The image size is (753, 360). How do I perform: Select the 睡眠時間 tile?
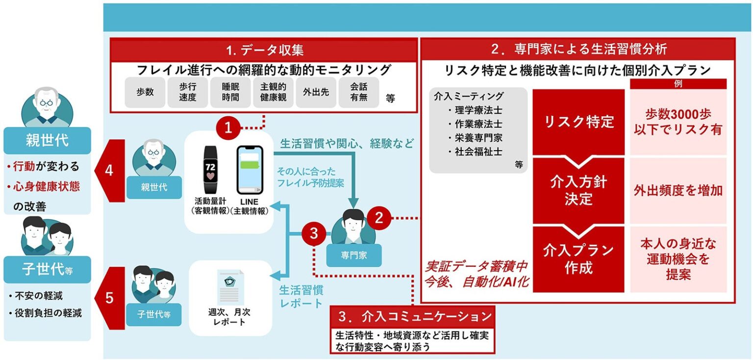click(230, 92)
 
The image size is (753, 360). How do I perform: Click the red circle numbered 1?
click(228, 128)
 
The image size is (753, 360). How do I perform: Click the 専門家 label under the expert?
click(354, 256)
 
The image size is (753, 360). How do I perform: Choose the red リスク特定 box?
click(579, 122)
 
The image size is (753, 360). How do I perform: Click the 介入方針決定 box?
click(579, 191)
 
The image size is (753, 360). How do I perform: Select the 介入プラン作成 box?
click(579, 259)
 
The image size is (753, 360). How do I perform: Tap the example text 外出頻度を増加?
click(678, 191)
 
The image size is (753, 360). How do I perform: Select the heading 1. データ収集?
click(264, 50)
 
